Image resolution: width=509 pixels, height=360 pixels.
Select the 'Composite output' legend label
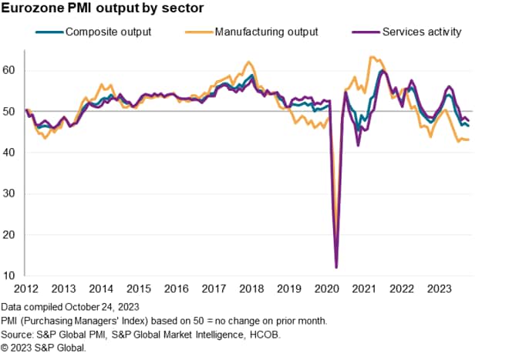click(108, 32)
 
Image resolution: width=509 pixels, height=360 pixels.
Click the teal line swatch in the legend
click(49, 32)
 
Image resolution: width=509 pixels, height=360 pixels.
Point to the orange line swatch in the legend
click(200, 32)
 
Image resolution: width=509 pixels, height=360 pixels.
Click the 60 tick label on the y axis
click(12, 70)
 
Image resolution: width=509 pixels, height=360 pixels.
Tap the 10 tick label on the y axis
click(12, 276)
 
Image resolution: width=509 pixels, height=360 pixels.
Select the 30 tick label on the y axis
click(12, 193)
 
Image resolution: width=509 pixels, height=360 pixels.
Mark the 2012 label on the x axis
click(25, 289)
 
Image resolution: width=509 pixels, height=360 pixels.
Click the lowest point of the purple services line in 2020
click(336, 267)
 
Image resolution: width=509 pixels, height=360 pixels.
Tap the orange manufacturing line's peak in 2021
click(372, 56)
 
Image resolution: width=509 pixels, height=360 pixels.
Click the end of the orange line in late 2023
click(469, 140)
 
